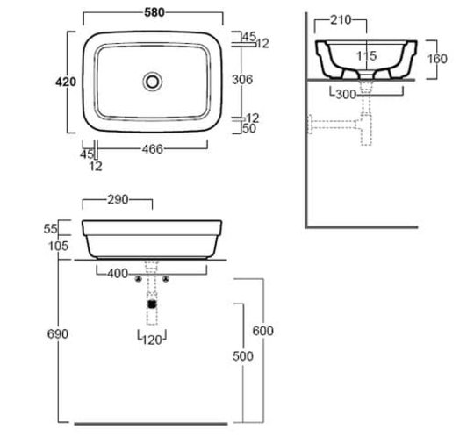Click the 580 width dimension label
pyautogui.click(x=154, y=12)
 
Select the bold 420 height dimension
pyautogui.click(x=66, y=82)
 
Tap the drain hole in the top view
pyautogui.click(x=153, y=82)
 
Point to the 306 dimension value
pyautogui.click(x=242, y=80)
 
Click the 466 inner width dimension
pyautogui.click(x=153, y=149)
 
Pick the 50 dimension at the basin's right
pyautogui.click(x=249, y=128)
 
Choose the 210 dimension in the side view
pyautogui.click(x=341, y=20)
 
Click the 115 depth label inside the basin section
pyautogui.click(x=366, y=56)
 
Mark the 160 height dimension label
pyautogui.click(x=437, y=59)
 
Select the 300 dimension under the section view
pyautogui.click(x=346, y=95)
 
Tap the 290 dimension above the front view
pyautogui.click(x=118, y=199)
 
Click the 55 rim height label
pyautogui.click(x=50, y=229)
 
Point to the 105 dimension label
pyautogui.click(x=58, y=246)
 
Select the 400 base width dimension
pyautogui.click(x=118, y=274)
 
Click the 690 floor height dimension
pyautogui.click(x=58, y=334)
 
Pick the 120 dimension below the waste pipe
pyautogui.click(x=152, y=340)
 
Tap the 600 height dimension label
pyautogui.click(x=263, y=331)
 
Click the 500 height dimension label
pyautogui.click(x=243, y=356)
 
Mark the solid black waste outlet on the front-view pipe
pyautogui.click(x=152, y=304)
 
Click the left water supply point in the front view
pyautogui.click(x=139, y=279)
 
